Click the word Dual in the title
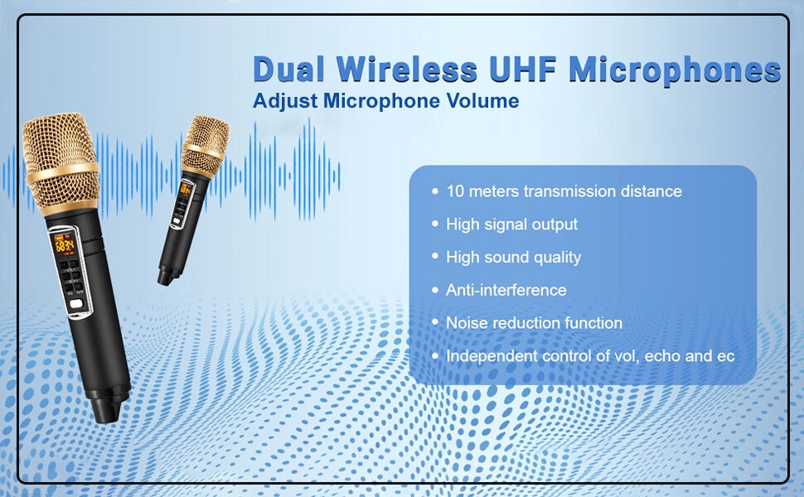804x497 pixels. (x=289, y=70)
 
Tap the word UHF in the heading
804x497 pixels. (x=523, y=70)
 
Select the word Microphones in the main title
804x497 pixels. (x=675, y=70)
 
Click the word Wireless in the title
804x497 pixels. (x=407, y=70)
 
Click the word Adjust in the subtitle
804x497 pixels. (x=286, y=101)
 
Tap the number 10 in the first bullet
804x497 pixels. (x=455, y=191)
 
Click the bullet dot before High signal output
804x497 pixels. (x=435, y=224)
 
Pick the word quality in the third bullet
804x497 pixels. (x=557, y=258)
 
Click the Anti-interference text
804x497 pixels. (x=506, y=290)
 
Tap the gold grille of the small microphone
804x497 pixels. (x=205, y=146)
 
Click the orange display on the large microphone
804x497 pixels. (x=65, y=244)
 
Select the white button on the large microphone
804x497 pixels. (x=76, y=304)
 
